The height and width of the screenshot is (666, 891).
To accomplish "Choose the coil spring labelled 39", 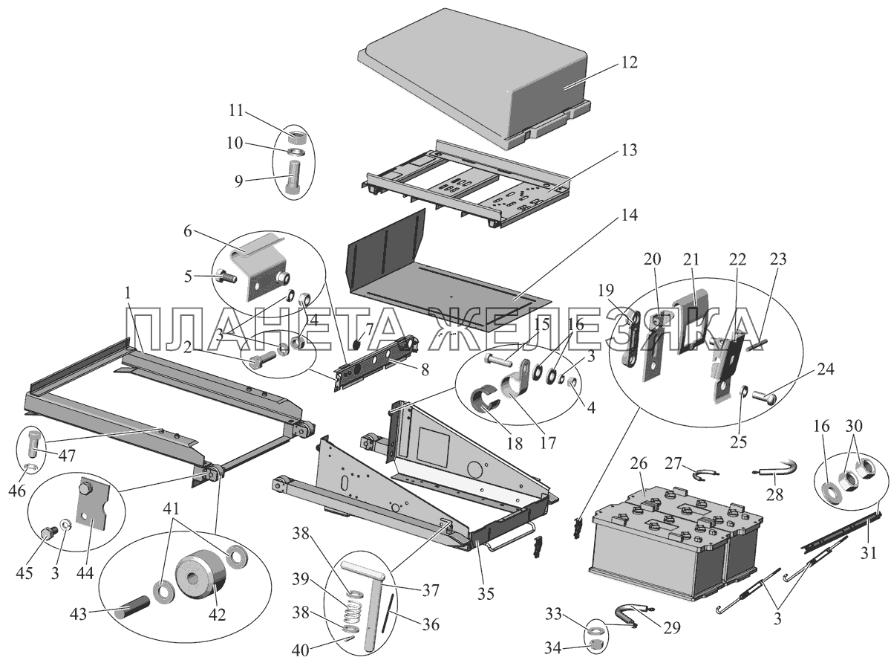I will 356,613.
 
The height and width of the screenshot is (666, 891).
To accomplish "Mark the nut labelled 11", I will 296,137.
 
